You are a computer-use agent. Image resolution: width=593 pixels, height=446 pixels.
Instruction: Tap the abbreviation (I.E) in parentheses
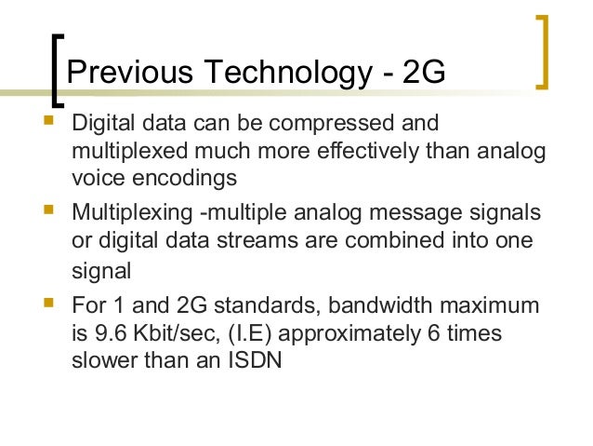(244, 331)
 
